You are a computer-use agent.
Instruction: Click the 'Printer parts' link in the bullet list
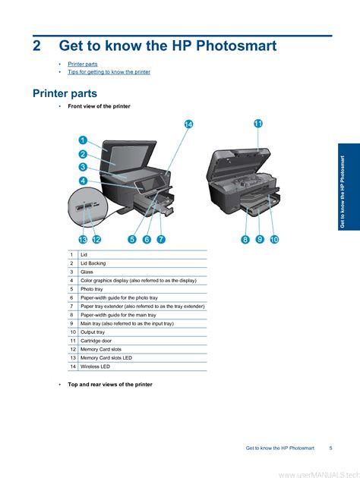[x=83, y=64]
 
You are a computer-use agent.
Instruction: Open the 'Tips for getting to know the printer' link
[x=109, y=72]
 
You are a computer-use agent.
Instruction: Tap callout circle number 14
[x=189, y=124]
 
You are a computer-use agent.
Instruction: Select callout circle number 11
[x=258, y=124]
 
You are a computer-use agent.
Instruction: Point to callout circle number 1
[x=83, y=140]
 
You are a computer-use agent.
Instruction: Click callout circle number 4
[x=83, y=181]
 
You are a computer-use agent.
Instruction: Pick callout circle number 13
[x=83, y=240]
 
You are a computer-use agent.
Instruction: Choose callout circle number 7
[x=161, y=239]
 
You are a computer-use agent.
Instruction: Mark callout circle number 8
[x=245, y=239]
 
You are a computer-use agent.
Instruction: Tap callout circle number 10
[x=274, y=239]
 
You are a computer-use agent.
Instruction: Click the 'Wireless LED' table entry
[x=95, y=366]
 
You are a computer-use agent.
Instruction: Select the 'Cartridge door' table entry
[x=96, y=341]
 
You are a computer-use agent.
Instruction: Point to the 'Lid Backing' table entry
[x=93, y=263]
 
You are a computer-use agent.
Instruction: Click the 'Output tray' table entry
[x=93, y=332]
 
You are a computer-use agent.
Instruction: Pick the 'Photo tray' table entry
[x=92, y=289]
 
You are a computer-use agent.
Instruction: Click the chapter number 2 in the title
[x=36, y=46]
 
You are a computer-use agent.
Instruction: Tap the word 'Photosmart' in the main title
[x=236, y=46]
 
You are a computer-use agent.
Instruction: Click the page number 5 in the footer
[x=330, y=448]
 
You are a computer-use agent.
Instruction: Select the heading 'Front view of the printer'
[x=99, y=106]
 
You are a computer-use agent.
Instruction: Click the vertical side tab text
[x=343, y=192]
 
